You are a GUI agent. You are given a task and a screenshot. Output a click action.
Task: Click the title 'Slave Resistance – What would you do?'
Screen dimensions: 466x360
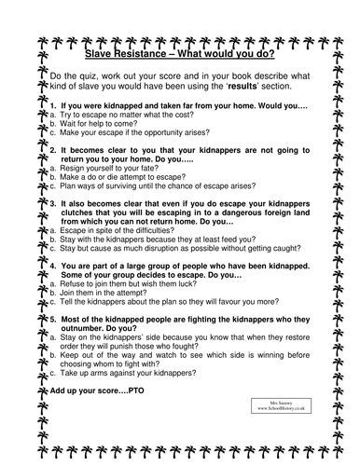(x=180, y=55)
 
